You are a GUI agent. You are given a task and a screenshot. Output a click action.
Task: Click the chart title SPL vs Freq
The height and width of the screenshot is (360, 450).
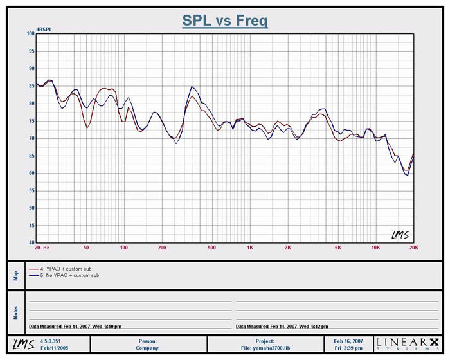coord(224,21)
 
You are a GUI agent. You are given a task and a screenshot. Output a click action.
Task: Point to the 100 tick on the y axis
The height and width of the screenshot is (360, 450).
coord(30,33)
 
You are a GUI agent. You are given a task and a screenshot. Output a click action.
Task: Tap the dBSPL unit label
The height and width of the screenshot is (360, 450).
coord(45,30)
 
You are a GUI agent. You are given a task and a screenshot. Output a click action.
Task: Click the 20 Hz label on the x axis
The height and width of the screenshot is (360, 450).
coord(42,247)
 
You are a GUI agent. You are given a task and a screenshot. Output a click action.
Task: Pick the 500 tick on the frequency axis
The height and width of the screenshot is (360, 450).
coord(212,247)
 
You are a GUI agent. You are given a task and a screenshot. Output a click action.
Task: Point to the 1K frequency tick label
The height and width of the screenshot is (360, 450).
coord(249,247)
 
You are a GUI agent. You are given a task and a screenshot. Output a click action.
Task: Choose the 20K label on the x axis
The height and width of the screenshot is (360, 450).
coord(413,247)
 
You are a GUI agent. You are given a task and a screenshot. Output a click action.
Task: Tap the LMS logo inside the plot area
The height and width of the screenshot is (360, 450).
coord(401,235)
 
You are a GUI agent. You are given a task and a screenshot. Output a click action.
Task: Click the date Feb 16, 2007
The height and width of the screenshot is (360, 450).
coord(348,341)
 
